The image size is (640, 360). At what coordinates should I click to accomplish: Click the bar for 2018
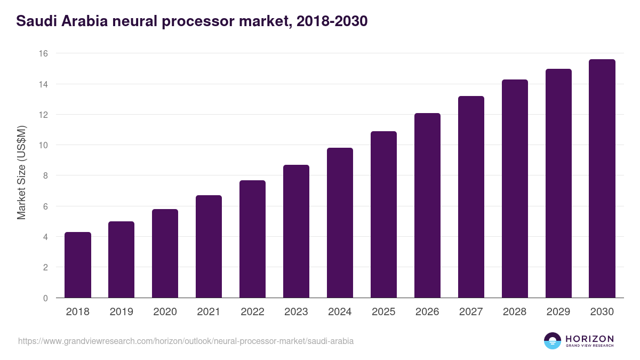(78, 265)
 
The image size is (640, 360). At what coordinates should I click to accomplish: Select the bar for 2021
(209, 246)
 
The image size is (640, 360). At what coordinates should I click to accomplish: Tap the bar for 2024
(340, 223)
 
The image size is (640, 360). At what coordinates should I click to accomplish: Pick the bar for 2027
(471, 197)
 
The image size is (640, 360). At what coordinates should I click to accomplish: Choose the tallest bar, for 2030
(602, 179)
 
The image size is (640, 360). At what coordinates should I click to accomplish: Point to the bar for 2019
(122, 260)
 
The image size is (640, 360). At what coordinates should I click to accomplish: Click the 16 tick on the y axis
(43, 53)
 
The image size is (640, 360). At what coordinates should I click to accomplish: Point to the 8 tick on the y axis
(45, 175)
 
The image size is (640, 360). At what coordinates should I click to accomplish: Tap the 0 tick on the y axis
(45, 298)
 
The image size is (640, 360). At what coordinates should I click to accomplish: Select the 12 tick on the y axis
(43, 115)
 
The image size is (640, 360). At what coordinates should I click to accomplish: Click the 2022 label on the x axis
(252, 312)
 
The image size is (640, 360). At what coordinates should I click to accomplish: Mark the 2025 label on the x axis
(383, 312)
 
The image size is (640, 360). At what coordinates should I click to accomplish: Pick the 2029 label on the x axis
(558, 312)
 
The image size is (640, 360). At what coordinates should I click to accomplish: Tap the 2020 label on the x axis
(165, 312)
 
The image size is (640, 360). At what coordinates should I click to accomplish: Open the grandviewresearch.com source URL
(186, 341)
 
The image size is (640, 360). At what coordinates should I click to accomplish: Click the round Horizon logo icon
(553, 341)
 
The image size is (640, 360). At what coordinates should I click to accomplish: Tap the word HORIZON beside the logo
(589, 338)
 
